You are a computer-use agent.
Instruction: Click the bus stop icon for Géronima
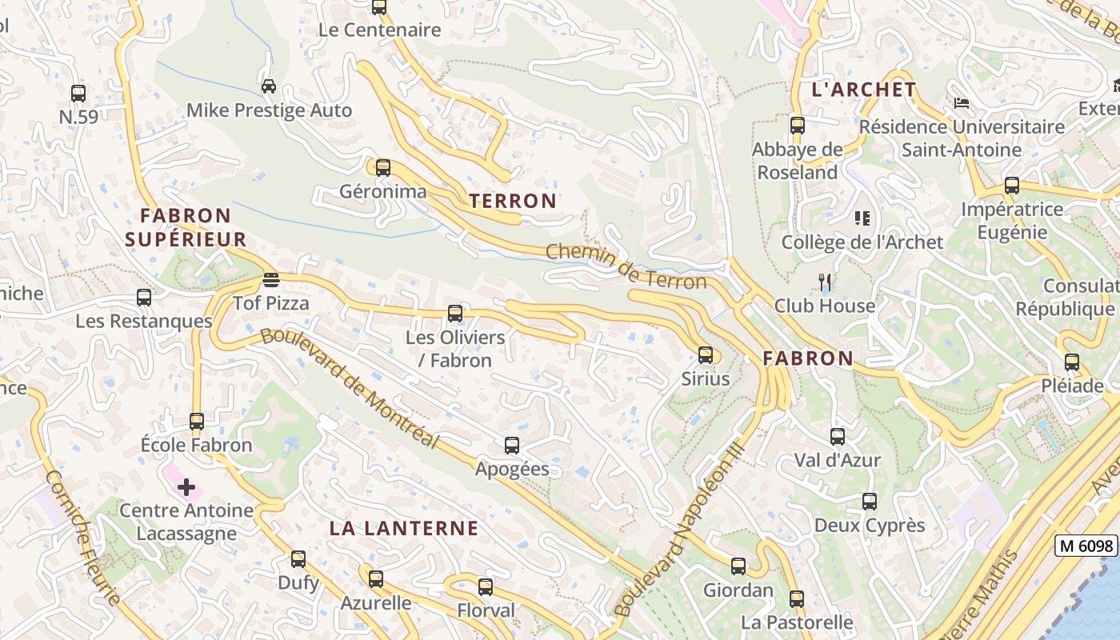click(x=383, y=168)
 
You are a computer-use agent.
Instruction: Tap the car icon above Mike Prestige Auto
click(x=269, y=86)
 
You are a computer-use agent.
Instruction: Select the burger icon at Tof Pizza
click(x=271, y=280)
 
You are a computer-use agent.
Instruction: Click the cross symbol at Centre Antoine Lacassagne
click(x=186, y=486)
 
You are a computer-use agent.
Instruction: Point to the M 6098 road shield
click(x=1086, y=546)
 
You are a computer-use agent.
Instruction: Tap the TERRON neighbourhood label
click(x=513, y=201)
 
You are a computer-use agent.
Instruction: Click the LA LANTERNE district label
click(x=404, y=528)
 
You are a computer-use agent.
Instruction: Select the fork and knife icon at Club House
click(x=826, y=282)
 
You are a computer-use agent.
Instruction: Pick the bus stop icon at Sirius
click(x=706, y=355)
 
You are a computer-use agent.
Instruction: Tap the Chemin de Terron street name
click(x=626, y=267)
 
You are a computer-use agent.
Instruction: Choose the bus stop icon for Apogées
click(x=512, y=446)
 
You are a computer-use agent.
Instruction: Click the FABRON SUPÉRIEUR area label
click(x=186, y=227)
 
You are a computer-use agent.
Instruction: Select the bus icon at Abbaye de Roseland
click(x=798, y=126)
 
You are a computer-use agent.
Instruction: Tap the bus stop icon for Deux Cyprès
click(x=870, y=502)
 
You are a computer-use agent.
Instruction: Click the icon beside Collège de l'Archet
click(x=862, y=218)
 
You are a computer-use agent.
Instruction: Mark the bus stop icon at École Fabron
click(x=197, y=421)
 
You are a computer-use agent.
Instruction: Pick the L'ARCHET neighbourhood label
click(x=863, y=90)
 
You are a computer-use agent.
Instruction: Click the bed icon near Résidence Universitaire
click(x=962, y=102)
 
